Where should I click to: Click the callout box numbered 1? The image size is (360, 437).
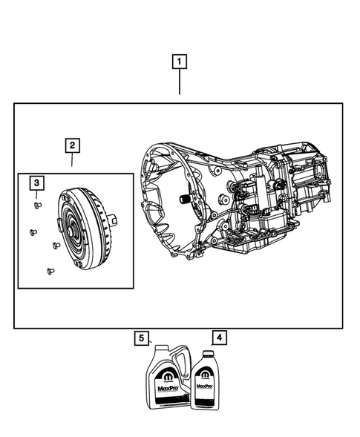(179, 62)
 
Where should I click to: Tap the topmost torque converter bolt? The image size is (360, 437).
(38, 204)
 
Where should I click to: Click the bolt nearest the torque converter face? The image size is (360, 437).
(56, 246)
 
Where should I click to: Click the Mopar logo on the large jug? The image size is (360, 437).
(165, 370)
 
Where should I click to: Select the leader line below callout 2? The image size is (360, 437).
(72, 161)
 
